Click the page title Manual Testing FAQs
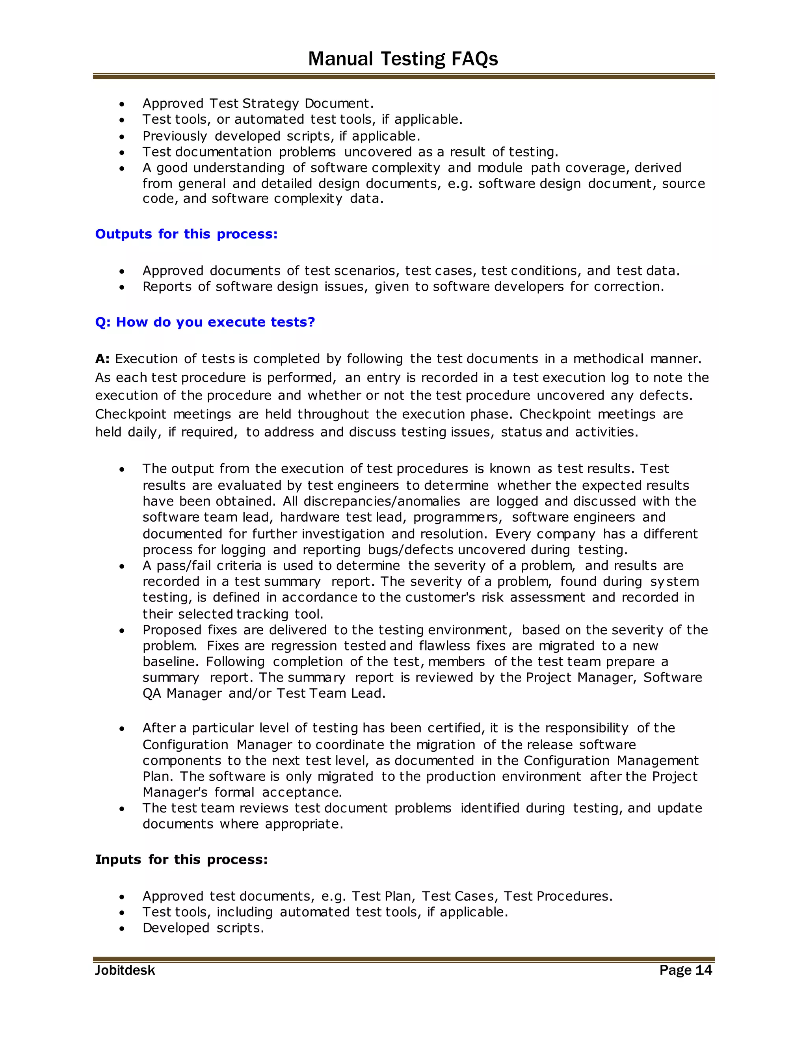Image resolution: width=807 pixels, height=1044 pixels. (x=403, y=59)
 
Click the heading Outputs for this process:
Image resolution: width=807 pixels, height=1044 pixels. (x=186, y=234)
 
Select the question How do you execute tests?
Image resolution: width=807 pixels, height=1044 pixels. (x=205, y=322)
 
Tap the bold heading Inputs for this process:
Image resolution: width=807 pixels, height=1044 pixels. (x=181, y=860)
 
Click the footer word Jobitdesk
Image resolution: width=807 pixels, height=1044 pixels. (x=125, y=970)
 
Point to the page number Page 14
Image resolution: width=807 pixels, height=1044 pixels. (x=686, y=970)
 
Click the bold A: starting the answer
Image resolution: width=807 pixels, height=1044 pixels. (x=102, y=359)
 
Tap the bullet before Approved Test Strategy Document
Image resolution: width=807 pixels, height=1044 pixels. (x=123, y=104)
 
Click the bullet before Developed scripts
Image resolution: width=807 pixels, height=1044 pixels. (x=123, y=928)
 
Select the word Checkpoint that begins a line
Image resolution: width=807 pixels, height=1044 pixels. (x=130, y=414)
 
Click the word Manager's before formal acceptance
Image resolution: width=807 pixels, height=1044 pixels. (x=175, y=792)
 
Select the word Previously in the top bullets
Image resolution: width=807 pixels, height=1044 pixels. (x=175, y=136)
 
